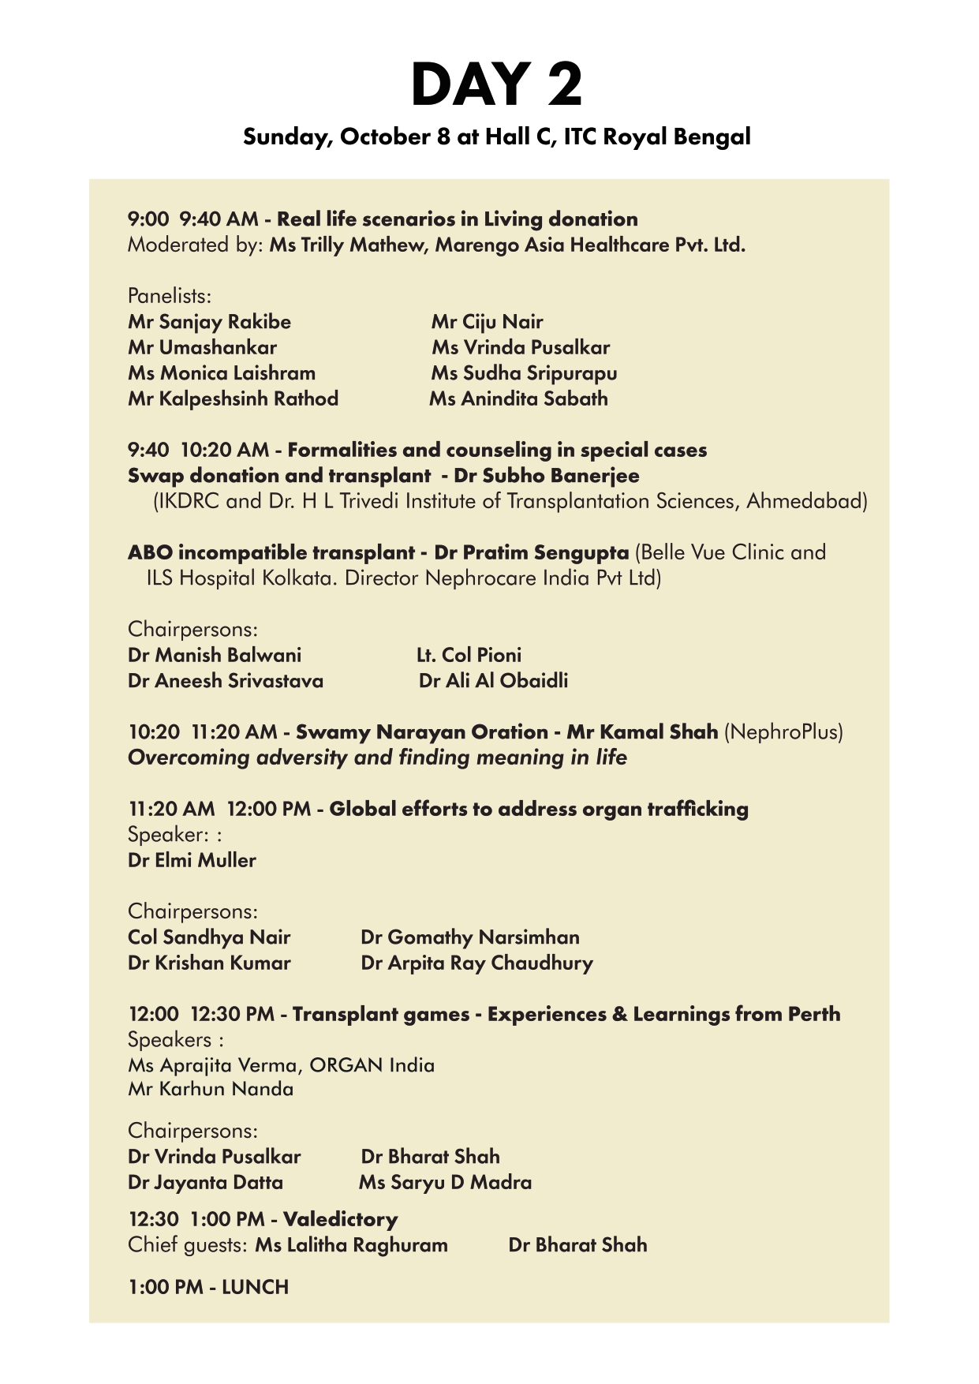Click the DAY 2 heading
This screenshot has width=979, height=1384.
click(496, 84)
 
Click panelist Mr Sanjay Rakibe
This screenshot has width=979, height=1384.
click(209, 322)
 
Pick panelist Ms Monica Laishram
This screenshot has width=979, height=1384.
click(222, 373)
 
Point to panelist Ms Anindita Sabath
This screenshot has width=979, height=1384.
click(518, 399)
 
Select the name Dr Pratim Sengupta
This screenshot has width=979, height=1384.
click(531, 552)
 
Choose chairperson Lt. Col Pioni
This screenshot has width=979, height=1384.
click(469, 655)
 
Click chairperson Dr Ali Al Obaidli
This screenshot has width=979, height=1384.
click(493, 681)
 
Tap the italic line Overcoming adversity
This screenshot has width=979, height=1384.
click(377, 757)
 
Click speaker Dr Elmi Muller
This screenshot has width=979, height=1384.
click(192, 860)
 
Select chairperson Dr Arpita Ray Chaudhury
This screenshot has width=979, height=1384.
click(476, 963)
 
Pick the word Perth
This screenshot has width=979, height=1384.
click(814, 1014)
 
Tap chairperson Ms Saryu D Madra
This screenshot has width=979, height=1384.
click(445, 1183)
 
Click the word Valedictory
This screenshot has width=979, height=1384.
click(340, 1219)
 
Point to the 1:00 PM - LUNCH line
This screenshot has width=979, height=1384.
click(208, 1287)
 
